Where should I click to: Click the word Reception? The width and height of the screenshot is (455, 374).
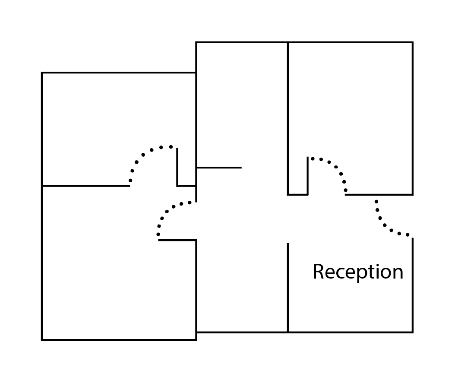tap(358, 272)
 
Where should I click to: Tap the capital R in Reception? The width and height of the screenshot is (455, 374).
tap(318, 271)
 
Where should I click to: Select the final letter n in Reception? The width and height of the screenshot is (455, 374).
tap(398, 273)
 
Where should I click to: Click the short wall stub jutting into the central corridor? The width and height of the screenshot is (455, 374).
tap(219, 168)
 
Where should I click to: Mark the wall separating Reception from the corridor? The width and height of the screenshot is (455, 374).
tap(288, 288)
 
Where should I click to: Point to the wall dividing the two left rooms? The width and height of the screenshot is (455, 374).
tap(86, 186)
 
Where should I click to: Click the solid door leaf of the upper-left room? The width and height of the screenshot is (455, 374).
tap(177, 167)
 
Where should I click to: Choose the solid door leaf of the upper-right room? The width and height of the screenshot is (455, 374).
tap(308, 176)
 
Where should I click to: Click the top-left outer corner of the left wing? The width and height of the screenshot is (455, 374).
tap(42, 73)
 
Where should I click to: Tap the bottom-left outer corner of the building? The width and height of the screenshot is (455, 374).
tap(42, 340)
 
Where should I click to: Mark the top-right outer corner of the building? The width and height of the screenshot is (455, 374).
tap(413, 42)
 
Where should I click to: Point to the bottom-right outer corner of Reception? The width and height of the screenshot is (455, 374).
tap(413, 332)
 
